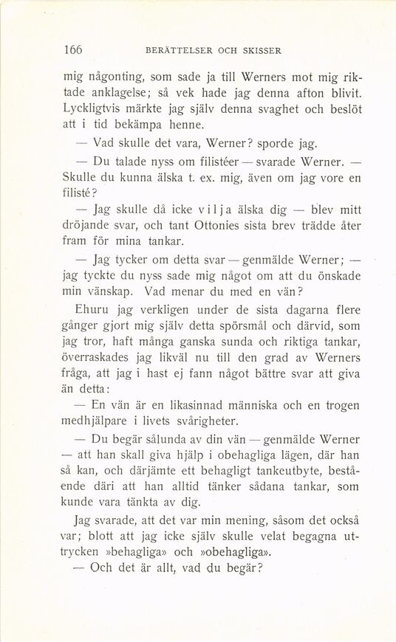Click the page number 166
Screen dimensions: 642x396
(x=72, y=51)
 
